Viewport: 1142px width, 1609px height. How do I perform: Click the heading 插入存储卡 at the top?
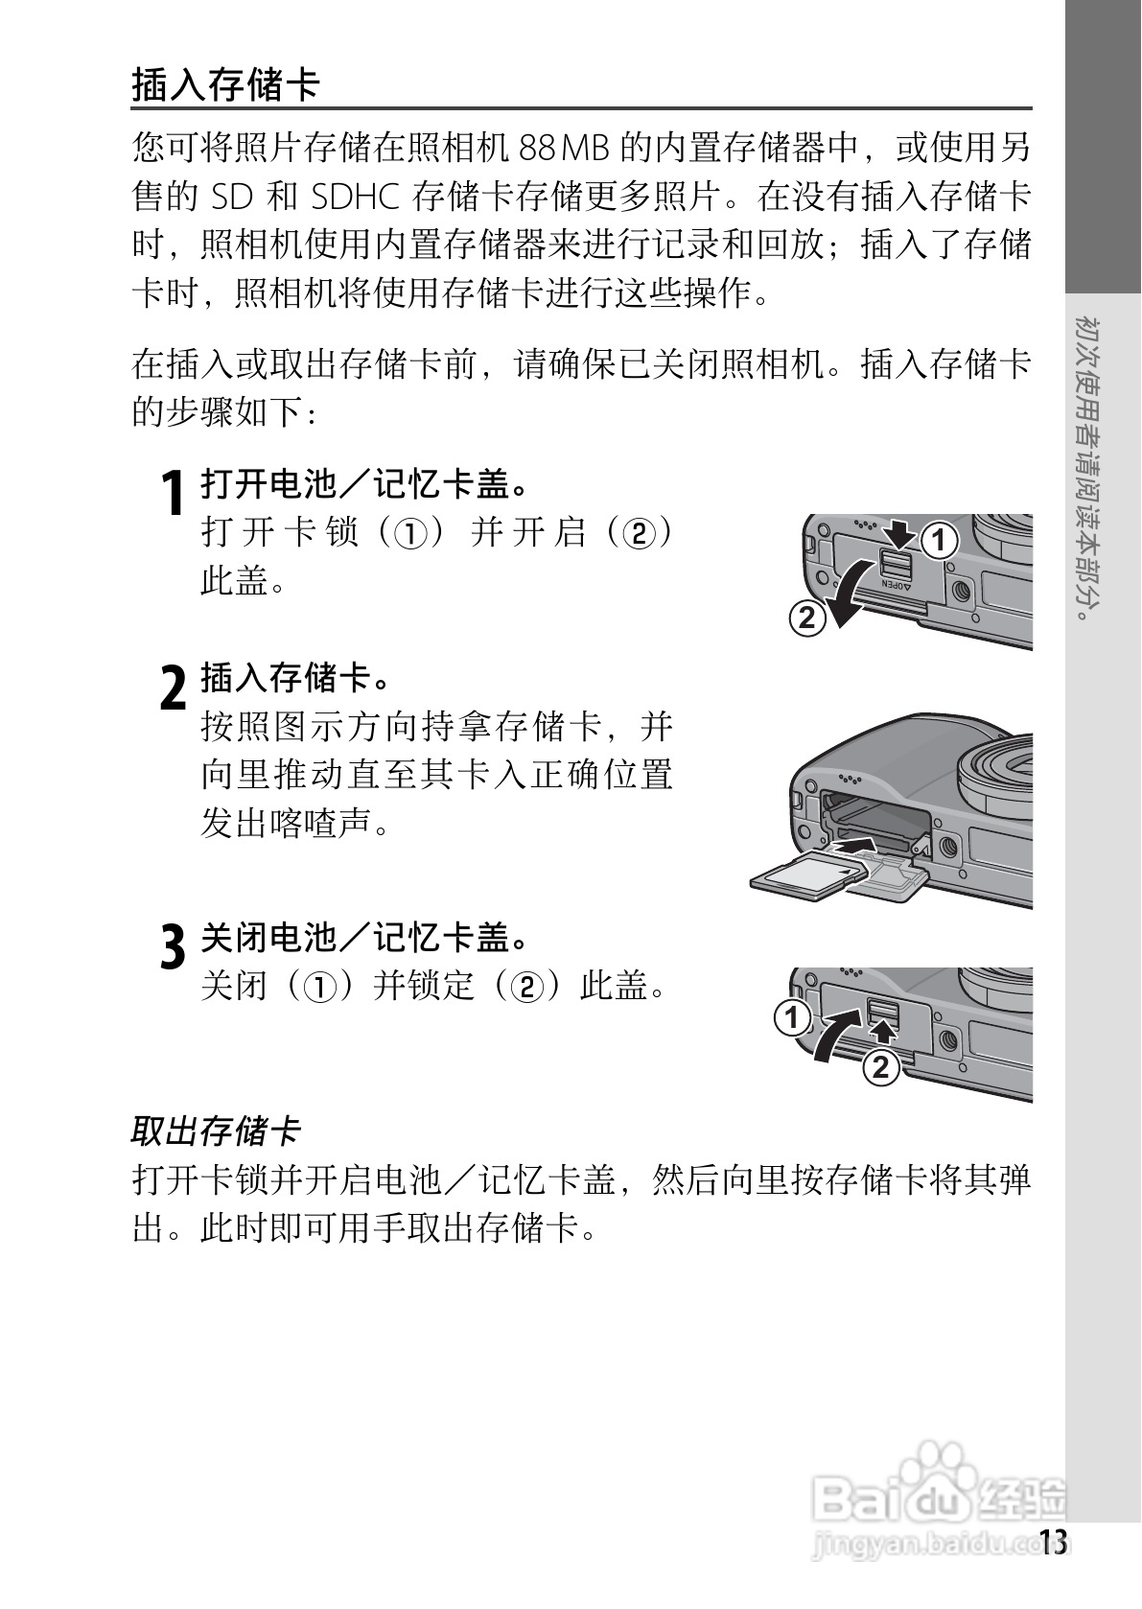(x=224, y=84)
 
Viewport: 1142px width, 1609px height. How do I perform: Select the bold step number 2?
(x=173, y=688)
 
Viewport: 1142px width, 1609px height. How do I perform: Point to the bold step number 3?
(x=173, y=946)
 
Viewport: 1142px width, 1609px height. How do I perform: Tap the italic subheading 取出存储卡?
(x=216, y=1131)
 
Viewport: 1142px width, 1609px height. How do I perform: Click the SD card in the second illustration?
(x=804, y=875)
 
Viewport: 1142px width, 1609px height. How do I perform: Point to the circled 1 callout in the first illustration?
(x=941, y=541)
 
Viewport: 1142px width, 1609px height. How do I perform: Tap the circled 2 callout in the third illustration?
(x=881, y=1066)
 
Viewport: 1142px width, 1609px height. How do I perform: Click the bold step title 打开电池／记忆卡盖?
(x=364, y=484)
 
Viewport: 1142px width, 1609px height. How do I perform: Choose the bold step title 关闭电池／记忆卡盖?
(x=364, y=937)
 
